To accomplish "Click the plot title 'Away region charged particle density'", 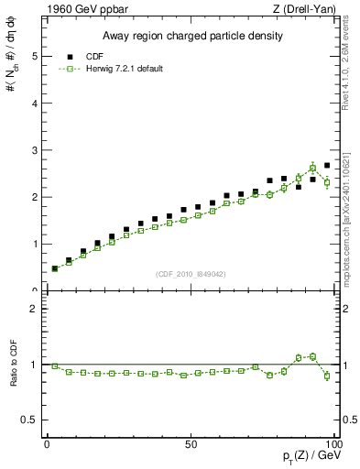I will (x=191, y=36).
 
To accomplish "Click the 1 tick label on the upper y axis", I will (x=35, y=244).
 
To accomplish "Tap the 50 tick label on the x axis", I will (x=191, y=443).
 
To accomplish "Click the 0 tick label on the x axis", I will (x=48, y=443).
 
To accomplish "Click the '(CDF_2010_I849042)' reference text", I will (x=191, y=273).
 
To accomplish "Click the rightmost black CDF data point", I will (x=327, y=166).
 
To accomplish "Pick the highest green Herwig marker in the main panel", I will (x=312, y=169).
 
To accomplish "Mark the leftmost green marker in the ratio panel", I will (x=54, y=365).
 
